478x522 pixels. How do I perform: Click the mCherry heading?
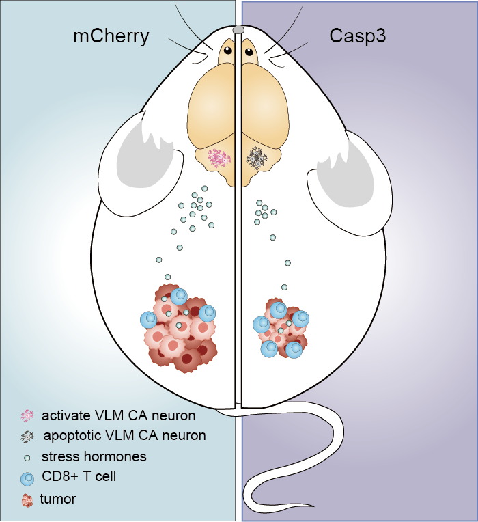(111, 36)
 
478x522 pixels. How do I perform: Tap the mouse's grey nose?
(238, 29)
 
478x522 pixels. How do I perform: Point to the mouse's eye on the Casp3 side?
(249, 51)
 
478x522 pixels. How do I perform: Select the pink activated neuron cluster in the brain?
(220, 159)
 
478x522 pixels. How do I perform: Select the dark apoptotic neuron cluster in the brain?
(257, 158)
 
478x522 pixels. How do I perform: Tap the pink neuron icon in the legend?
(27, 415)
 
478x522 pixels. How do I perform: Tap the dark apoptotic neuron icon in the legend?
(28, 435)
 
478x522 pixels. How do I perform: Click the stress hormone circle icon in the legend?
(27, 456)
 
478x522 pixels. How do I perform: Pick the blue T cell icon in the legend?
(28, 476)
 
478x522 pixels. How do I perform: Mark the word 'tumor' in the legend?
(59, 499)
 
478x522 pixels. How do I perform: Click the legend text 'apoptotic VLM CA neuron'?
(125, 435)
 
